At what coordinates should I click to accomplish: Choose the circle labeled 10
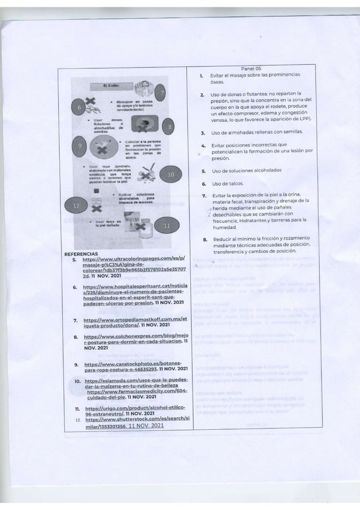[172, 176]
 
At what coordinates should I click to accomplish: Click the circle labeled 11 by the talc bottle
[166, 226]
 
